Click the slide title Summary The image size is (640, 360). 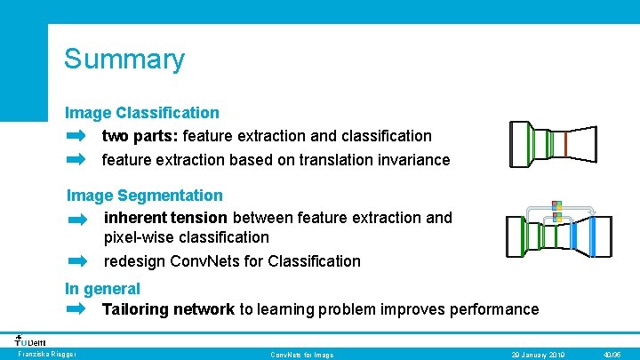[x=124, y=60]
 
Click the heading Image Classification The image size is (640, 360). [x=141, y=113]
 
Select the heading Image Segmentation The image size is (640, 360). [x=145, y=195]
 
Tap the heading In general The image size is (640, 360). [x=102, y=289]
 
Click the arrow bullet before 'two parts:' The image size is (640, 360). [x=76, y=136]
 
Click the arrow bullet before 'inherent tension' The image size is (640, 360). [x=78, y=218]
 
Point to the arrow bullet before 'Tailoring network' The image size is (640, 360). [x=76, y=309]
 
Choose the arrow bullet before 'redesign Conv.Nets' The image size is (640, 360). [x=78, y=261]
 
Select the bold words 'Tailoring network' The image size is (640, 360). [x=168, y=309]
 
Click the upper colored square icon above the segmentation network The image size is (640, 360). [x=556, y=205]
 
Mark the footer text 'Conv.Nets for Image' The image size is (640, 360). [x=302, y=355]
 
